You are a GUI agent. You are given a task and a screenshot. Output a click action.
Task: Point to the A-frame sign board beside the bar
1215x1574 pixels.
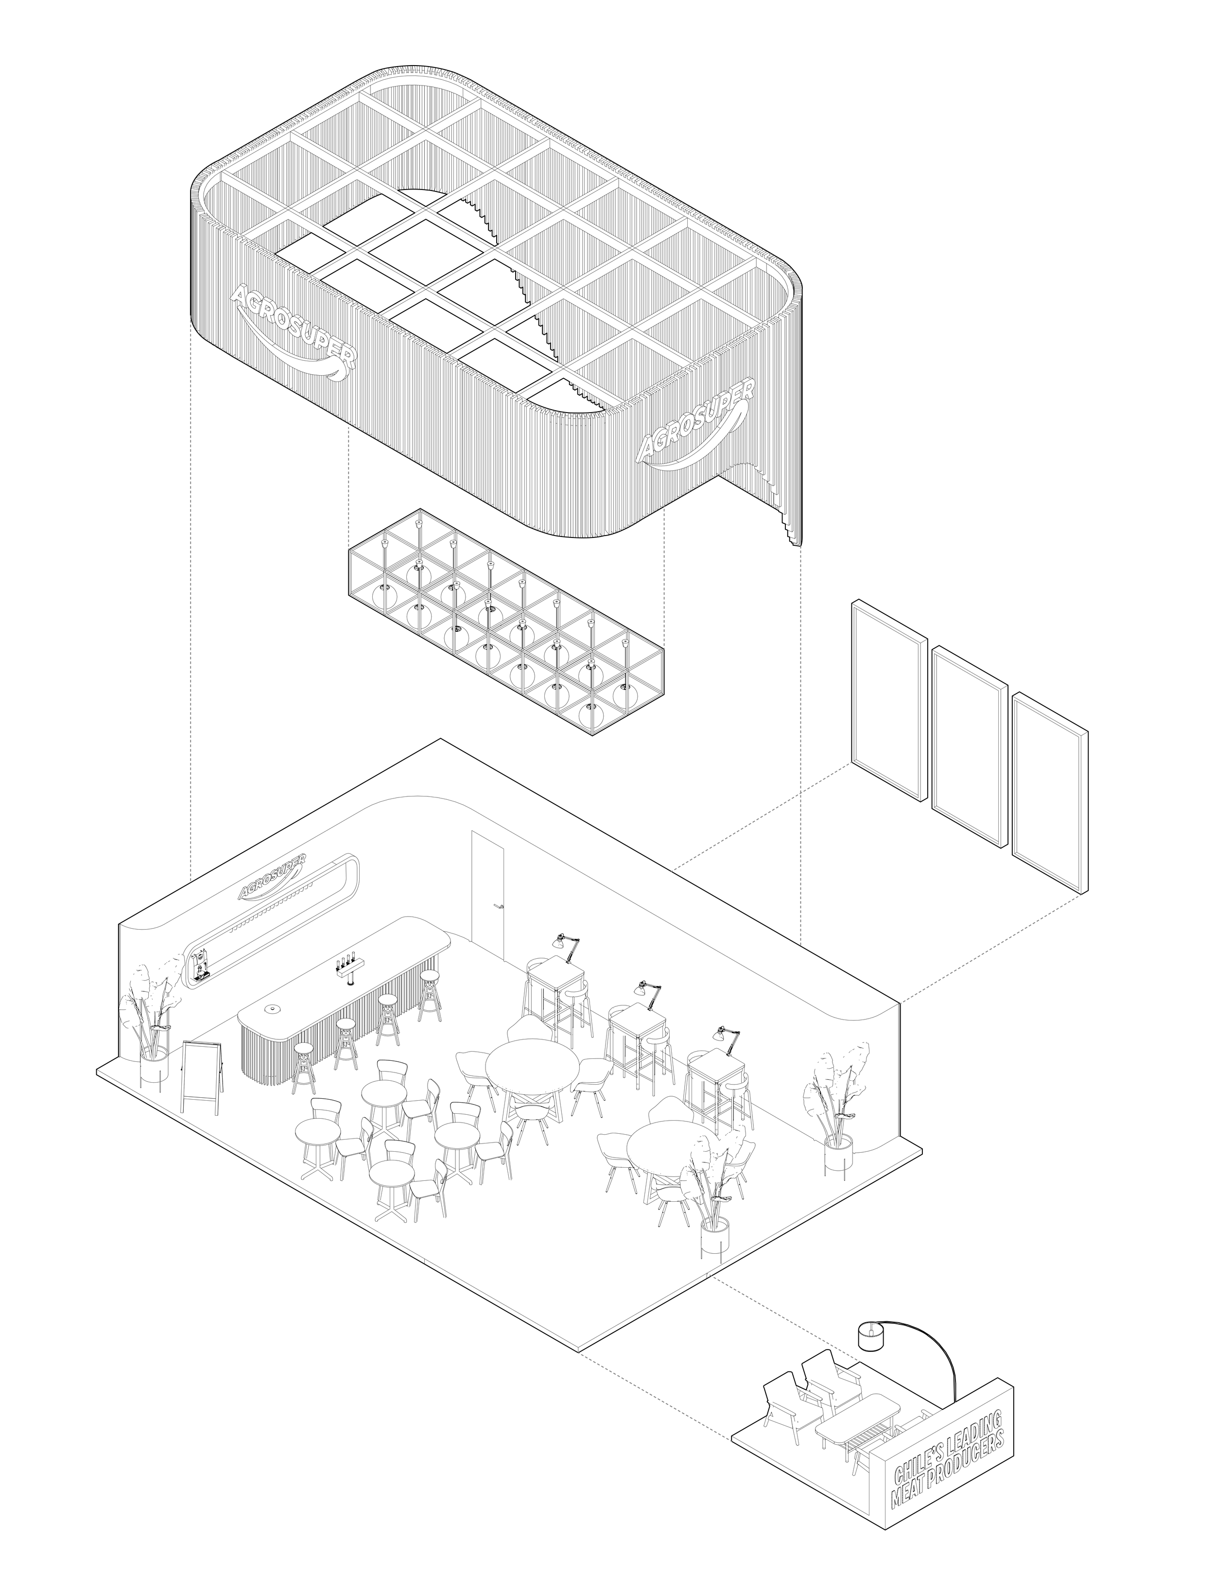(202, 1076)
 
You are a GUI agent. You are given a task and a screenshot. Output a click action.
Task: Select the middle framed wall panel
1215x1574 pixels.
(969, 746)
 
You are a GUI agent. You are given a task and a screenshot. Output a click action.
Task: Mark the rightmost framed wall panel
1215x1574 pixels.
(1049, 793)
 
